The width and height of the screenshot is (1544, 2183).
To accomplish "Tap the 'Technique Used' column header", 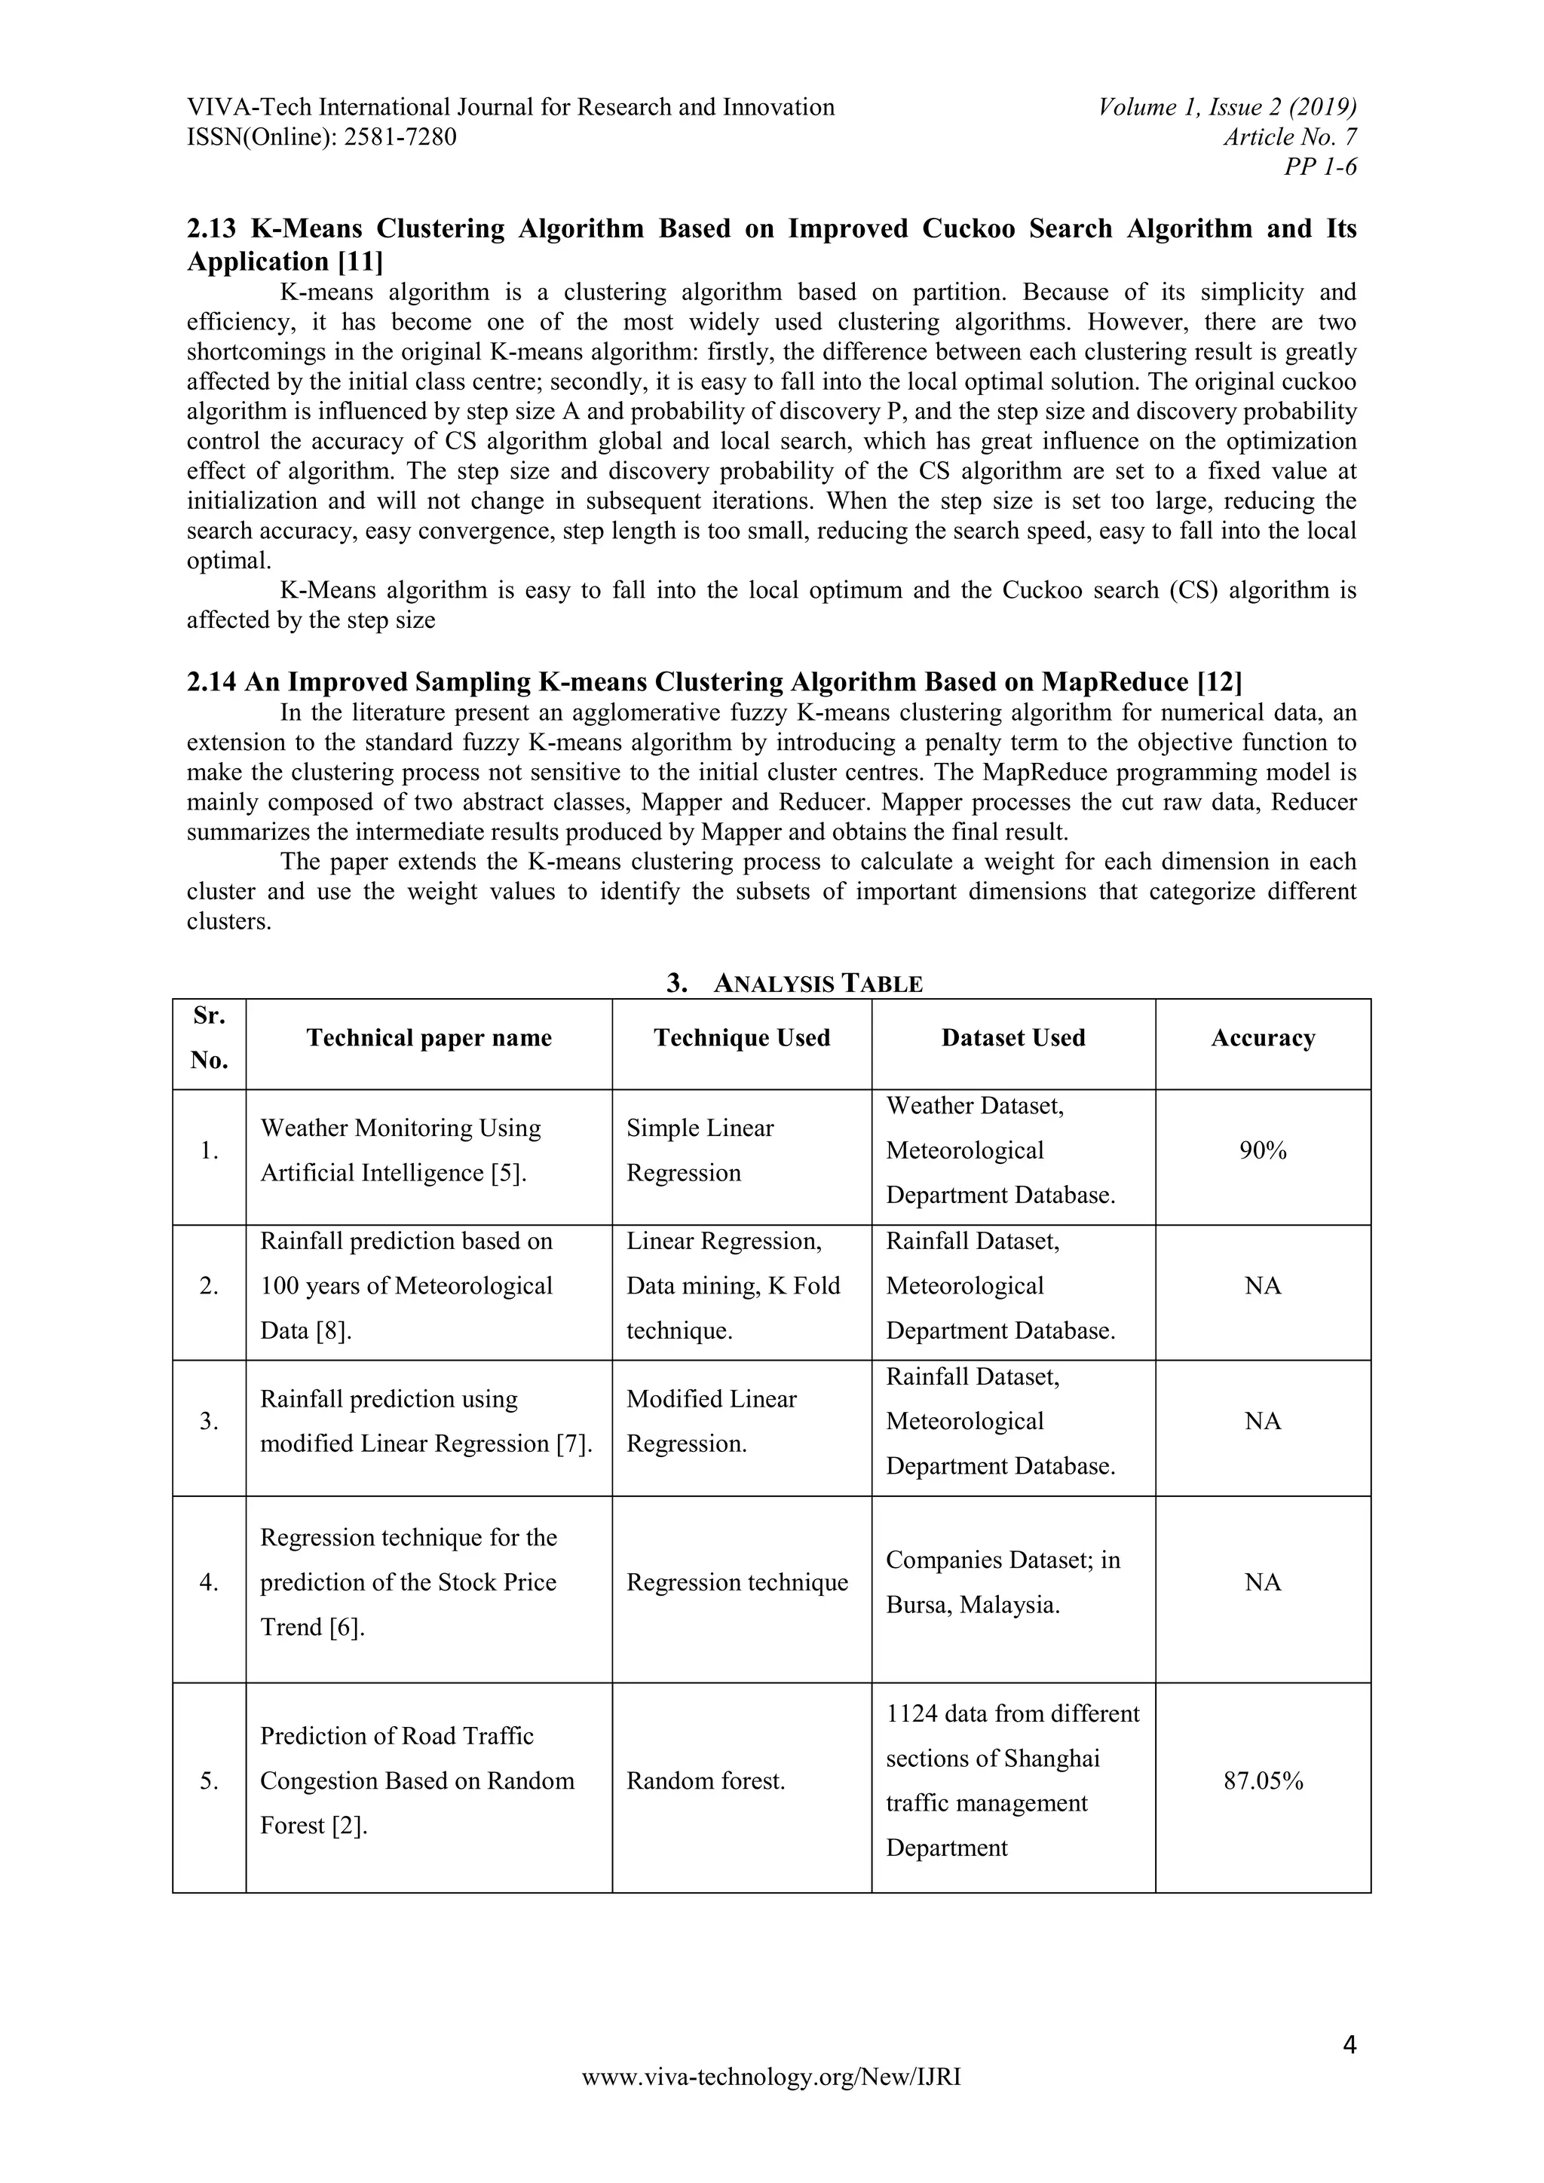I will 742,1037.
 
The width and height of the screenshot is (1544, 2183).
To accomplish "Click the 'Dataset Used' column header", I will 1012,1037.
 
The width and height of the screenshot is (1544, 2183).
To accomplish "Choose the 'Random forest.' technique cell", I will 706,1780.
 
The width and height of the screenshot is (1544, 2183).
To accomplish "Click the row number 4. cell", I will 209,1582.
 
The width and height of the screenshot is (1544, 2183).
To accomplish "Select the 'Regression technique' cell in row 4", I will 737,1582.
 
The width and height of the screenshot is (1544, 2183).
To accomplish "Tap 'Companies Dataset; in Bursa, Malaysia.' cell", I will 1003,1582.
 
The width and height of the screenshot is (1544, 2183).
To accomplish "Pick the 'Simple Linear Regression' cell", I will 700,1150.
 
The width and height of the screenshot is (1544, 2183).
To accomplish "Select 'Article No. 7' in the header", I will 1289,137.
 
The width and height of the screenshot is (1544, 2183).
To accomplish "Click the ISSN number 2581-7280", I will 400,137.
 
